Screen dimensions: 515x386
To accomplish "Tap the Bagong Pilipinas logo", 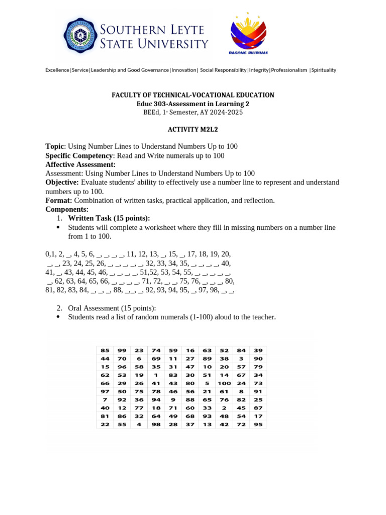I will click(248, 33).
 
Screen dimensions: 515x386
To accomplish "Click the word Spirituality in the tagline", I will click(324, 70).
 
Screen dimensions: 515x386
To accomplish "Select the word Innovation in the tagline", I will click(184, 70).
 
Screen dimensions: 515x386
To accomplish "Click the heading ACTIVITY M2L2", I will click(192, 129).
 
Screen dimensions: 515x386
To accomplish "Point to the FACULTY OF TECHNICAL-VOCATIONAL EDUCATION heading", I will click(192, 95).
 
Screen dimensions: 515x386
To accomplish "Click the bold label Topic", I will click(55, 146).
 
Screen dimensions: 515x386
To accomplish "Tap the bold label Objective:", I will click(62, 182).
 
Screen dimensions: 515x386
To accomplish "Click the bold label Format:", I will click(59, 200).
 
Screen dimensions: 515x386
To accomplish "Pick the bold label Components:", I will click(67, 209).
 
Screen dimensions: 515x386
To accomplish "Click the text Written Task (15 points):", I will click(109, 218).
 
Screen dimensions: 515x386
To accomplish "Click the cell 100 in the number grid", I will click(224, 383).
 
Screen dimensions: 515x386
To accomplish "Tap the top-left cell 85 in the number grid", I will click(105, 350).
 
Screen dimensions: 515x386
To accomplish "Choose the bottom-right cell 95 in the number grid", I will click(258, 424).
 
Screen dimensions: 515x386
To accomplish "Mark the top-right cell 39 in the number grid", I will click(258, 350).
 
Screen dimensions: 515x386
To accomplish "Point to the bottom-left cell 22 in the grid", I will click(105, 424).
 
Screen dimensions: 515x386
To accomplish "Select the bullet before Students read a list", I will click(58, 317).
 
